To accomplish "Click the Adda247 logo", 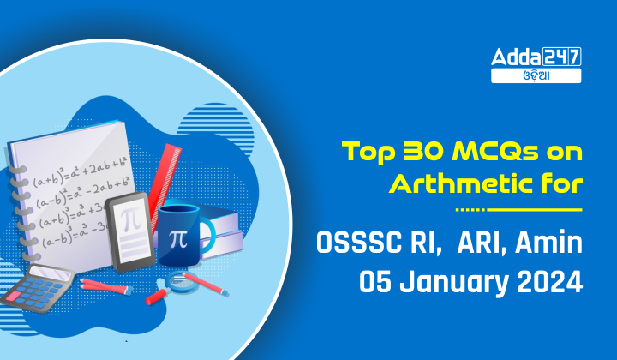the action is (536, 57).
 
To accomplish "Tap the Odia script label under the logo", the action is (536, 75).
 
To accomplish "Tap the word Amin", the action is (548, 242).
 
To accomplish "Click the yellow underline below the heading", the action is (518, 210).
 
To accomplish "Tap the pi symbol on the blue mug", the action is (178, 238).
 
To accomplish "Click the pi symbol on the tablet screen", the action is (130, 220).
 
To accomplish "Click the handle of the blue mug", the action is (207, 235).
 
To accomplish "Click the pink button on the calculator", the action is (15, 297).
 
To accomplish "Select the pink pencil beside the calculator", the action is (106, 287).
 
